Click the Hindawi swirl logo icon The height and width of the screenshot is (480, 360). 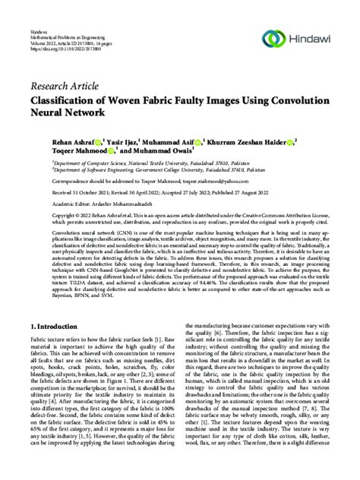(272, 36)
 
